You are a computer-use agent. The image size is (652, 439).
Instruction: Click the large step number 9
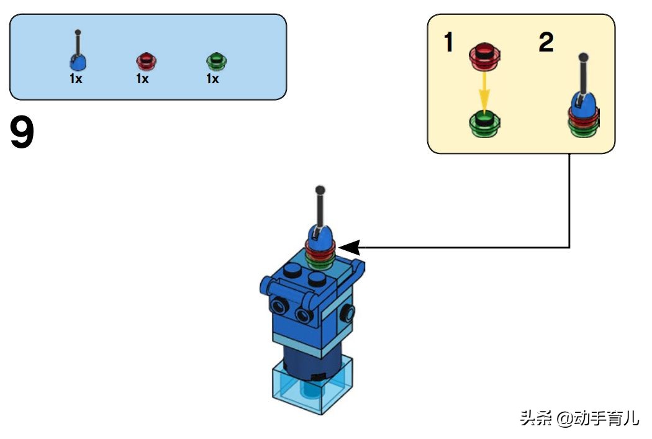[22, 134]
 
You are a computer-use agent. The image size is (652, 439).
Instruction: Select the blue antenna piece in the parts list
[78, 60]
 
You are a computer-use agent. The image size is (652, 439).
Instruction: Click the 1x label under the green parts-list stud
[212, 79]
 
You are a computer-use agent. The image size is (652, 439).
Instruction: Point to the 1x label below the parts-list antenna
[76, 79]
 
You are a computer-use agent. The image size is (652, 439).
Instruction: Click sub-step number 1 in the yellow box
[448, 43]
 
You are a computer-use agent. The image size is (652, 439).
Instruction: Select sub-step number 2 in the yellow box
[546, 43]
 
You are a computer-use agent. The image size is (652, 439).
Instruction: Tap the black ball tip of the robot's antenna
[320, 189]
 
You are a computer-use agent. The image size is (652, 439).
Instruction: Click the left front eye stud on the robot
[278, 307]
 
